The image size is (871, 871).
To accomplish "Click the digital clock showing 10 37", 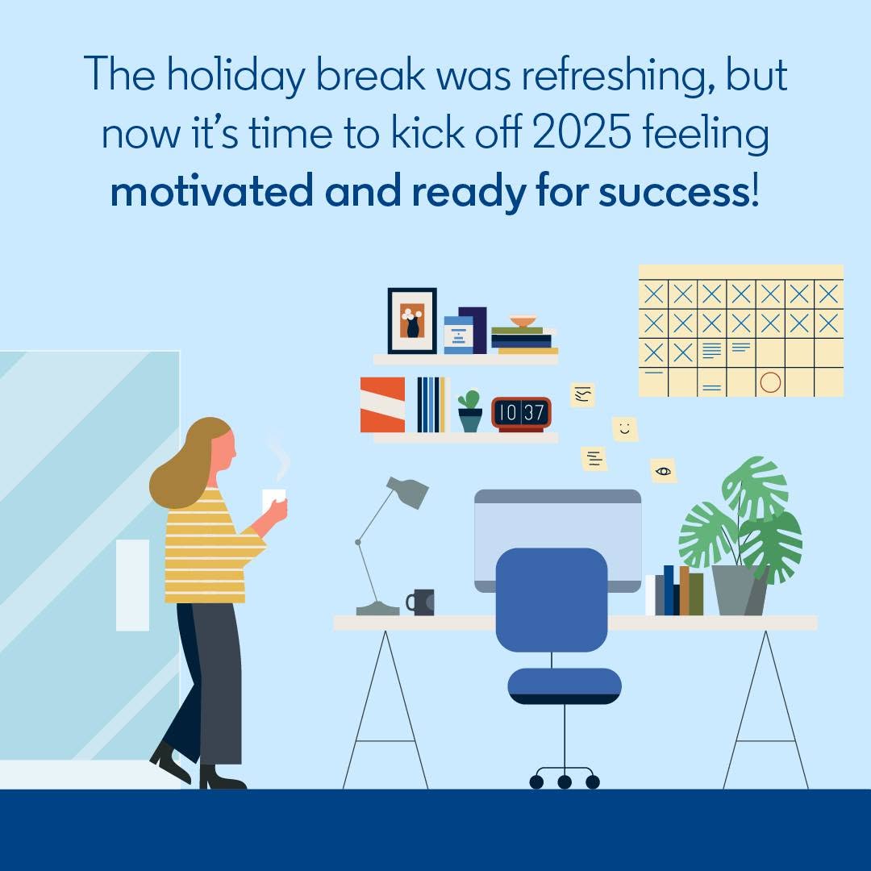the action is (521, 414).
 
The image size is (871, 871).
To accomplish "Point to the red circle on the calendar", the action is (770, 382).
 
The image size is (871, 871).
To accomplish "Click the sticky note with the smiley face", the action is (625, 429).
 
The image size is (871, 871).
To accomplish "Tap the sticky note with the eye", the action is (663, 471).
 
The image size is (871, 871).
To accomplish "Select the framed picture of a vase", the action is (412, 320).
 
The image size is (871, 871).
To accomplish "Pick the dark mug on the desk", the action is (420, 602).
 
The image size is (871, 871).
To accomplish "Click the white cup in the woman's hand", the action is (274, 501).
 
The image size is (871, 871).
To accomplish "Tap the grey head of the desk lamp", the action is (408, 492).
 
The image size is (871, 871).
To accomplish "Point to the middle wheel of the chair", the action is (565, 782).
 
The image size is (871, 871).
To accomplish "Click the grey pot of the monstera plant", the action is (740, 590).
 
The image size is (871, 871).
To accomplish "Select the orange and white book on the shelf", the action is (383, 405).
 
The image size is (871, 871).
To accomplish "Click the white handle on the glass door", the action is (132, 585).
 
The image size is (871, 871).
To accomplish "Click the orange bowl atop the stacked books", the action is (523, 322).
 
